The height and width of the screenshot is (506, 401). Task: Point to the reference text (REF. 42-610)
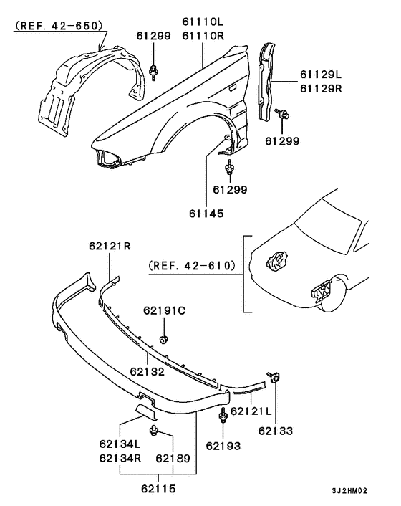point(192,265)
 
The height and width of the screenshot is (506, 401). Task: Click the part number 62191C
point(164,310)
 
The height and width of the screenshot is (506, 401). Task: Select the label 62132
point(148,372)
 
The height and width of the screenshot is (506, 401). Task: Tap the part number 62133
point(276,431)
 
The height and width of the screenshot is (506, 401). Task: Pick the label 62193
point(224,446)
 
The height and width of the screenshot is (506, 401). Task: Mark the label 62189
point(173,458)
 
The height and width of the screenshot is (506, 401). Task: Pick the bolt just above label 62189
point(154,429)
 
